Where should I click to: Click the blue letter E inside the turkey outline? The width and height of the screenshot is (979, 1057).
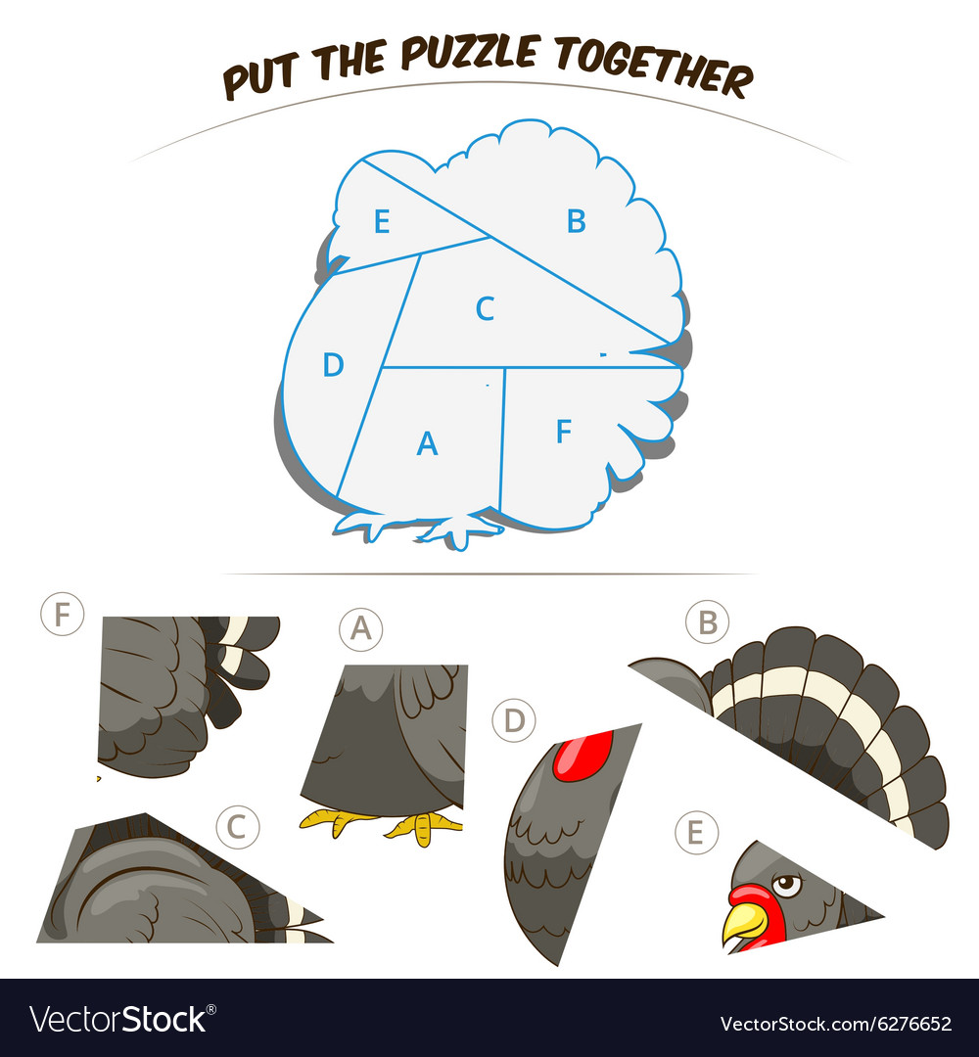pos(382,221)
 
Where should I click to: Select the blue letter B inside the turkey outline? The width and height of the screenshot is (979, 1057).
pos(576,221)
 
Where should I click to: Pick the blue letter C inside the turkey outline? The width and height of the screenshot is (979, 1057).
pos(485,308)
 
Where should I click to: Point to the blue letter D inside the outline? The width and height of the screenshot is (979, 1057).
pos(333,365)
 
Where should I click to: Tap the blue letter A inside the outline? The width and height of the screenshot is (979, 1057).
pos(427,443)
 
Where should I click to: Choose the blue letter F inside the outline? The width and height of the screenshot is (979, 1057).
pos(564,431)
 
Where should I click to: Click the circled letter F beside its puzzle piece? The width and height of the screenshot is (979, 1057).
pos(62,614)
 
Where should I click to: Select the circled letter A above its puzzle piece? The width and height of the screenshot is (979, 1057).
pos(360,629)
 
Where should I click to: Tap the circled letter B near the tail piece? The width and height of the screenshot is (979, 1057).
pos(707,621)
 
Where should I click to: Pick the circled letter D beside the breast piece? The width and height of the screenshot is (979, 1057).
pos(514,720)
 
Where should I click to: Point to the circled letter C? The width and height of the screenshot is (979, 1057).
pos(237,826)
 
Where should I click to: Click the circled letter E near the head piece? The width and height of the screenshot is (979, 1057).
pos(696,833)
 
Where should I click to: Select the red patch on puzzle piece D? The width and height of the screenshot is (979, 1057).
pos(583,756)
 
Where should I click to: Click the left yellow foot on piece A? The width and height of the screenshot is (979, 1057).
pos(335,820)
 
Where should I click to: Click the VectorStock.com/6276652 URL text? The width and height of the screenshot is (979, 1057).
pos(836,1024)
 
